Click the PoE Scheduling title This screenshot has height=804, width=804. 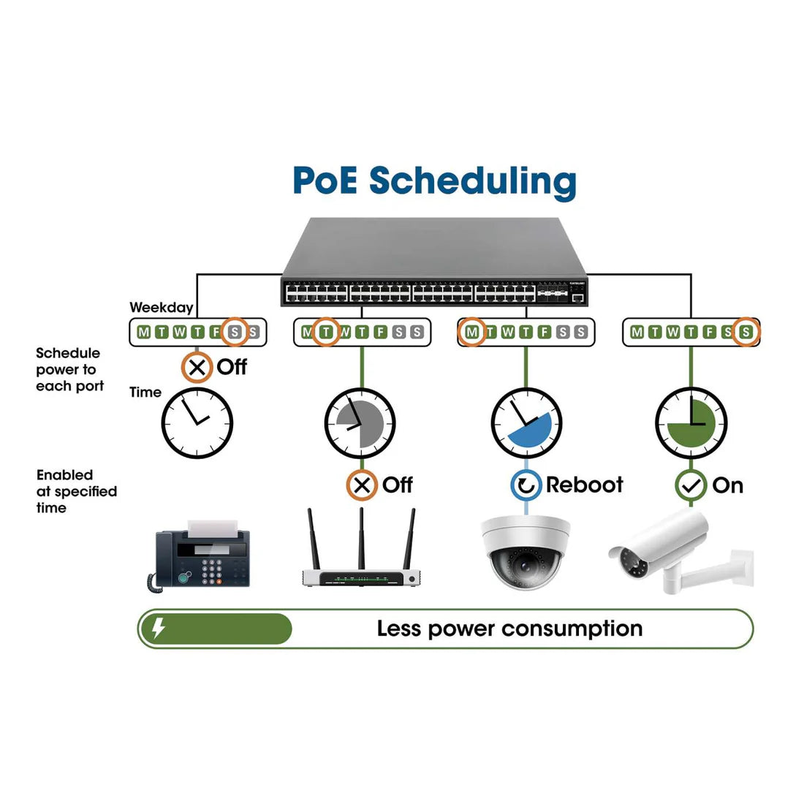pos(434,181)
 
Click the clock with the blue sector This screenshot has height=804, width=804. pos(526,423)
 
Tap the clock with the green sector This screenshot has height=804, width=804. pos(691,423)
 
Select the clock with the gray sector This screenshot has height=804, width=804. pos(360,423)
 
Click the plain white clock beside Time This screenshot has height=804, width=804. pos(197,423)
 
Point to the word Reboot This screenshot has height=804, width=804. pos(584,485)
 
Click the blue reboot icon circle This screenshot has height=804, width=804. pos(526,485)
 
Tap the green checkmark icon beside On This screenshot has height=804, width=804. pos(691,485)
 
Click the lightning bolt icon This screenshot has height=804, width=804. pos(158,628)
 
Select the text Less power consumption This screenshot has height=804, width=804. pos(509,629)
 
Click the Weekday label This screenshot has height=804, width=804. pos(161,308)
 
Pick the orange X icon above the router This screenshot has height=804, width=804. pos(361,485)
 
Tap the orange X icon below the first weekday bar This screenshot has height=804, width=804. pos(197,367)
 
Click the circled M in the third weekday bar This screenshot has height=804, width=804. pos(472,333)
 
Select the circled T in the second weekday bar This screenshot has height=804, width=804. pos(326,333)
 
